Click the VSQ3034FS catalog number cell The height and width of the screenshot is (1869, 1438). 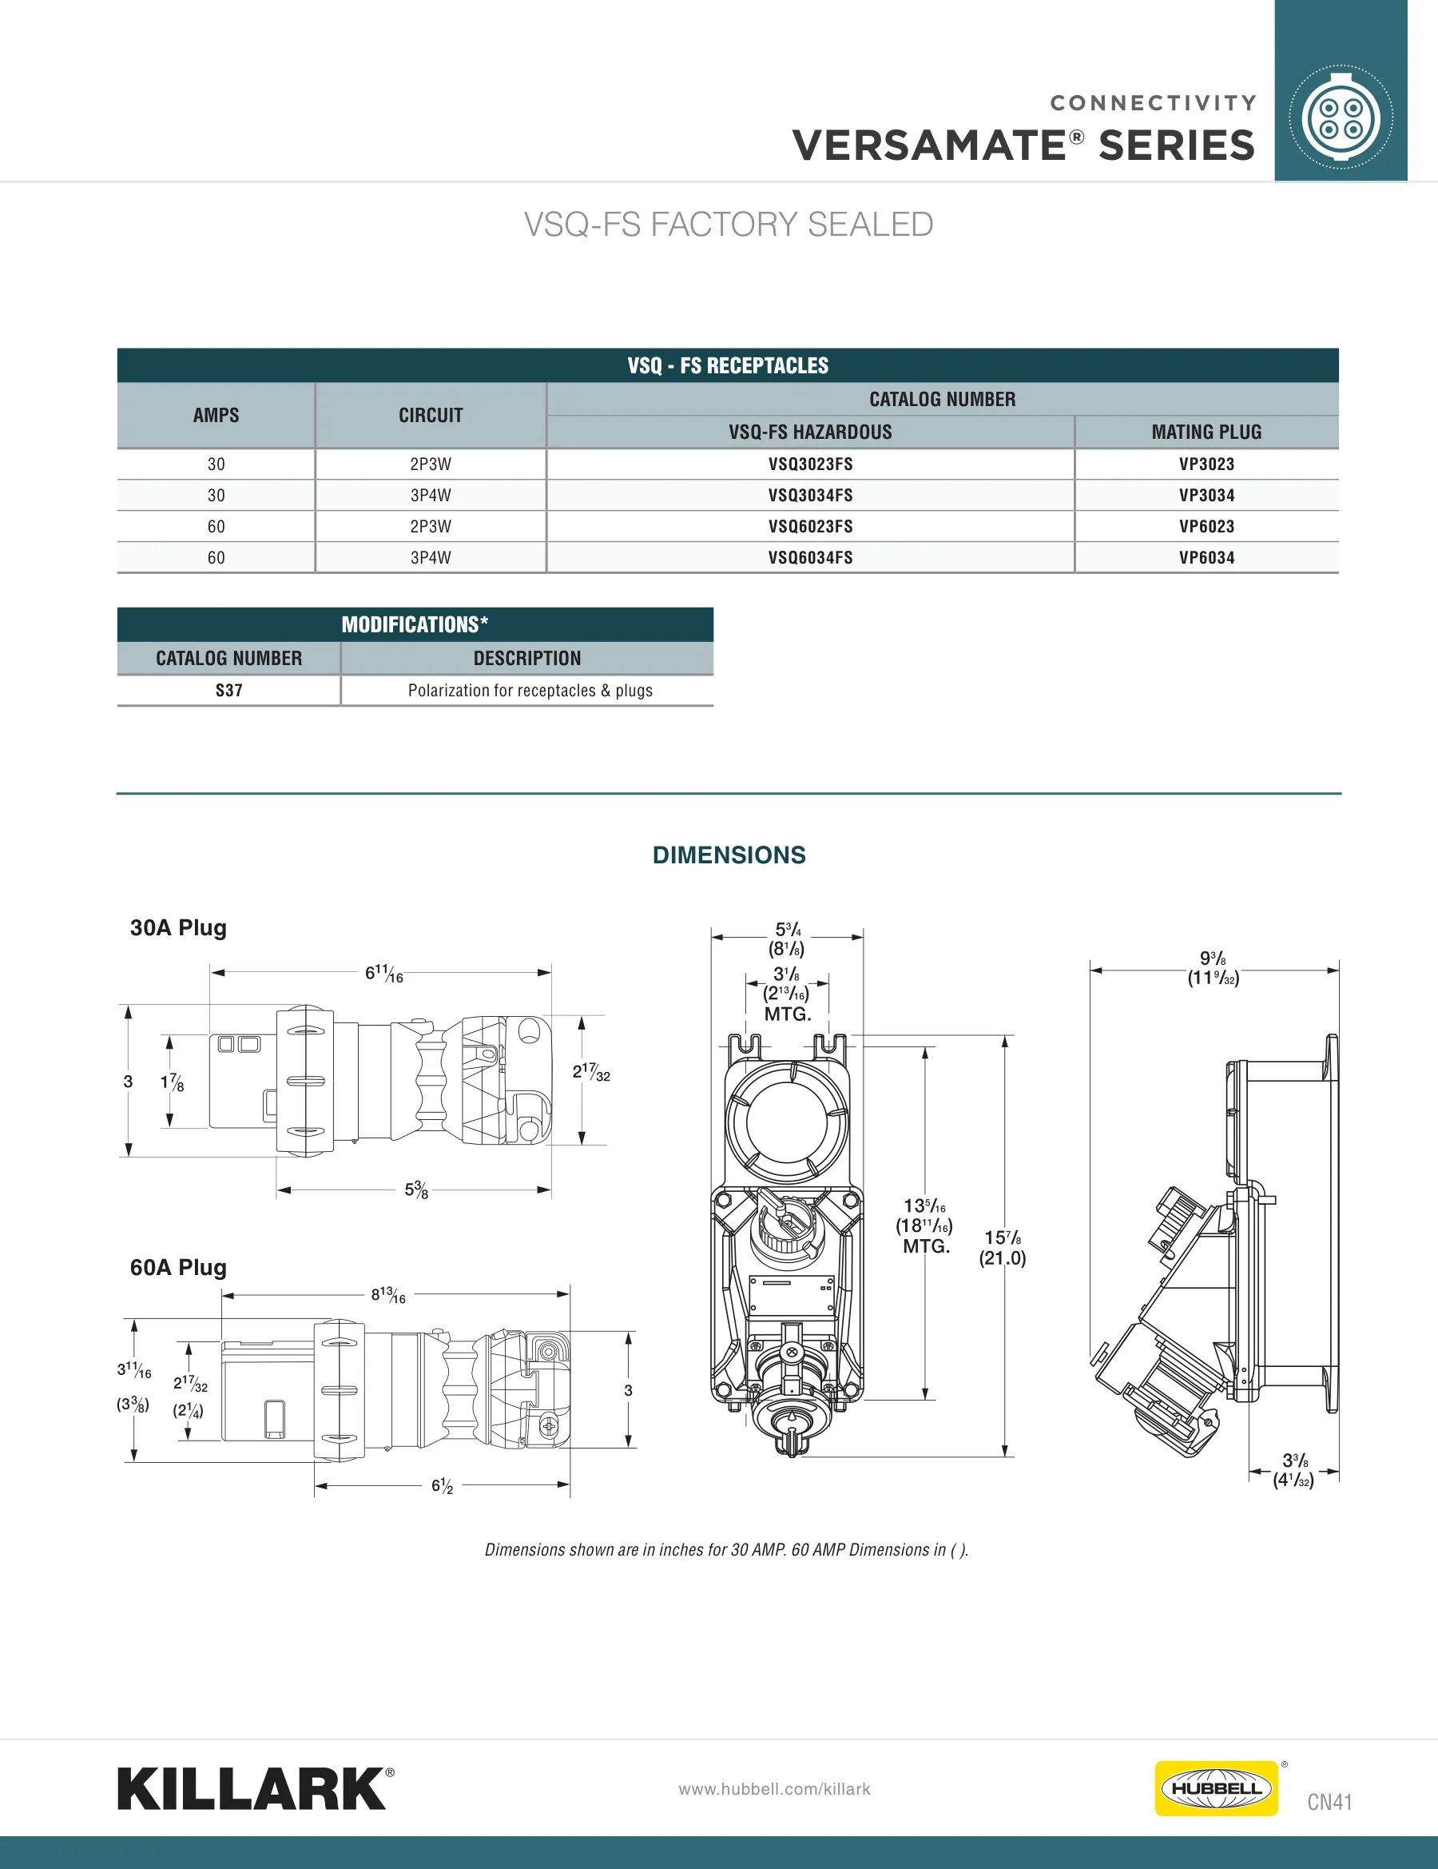(810, 496)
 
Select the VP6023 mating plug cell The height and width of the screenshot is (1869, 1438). (1206, 526)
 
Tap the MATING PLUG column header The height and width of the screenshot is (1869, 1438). (1206, 432)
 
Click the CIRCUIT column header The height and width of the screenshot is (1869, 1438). (431, 415)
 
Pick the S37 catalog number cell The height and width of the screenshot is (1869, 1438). (228, 691)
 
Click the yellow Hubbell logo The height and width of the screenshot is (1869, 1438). (1216, 1787)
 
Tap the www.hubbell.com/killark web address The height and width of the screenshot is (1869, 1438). (774, 1788)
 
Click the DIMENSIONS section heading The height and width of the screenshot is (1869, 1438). (729, 855)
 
